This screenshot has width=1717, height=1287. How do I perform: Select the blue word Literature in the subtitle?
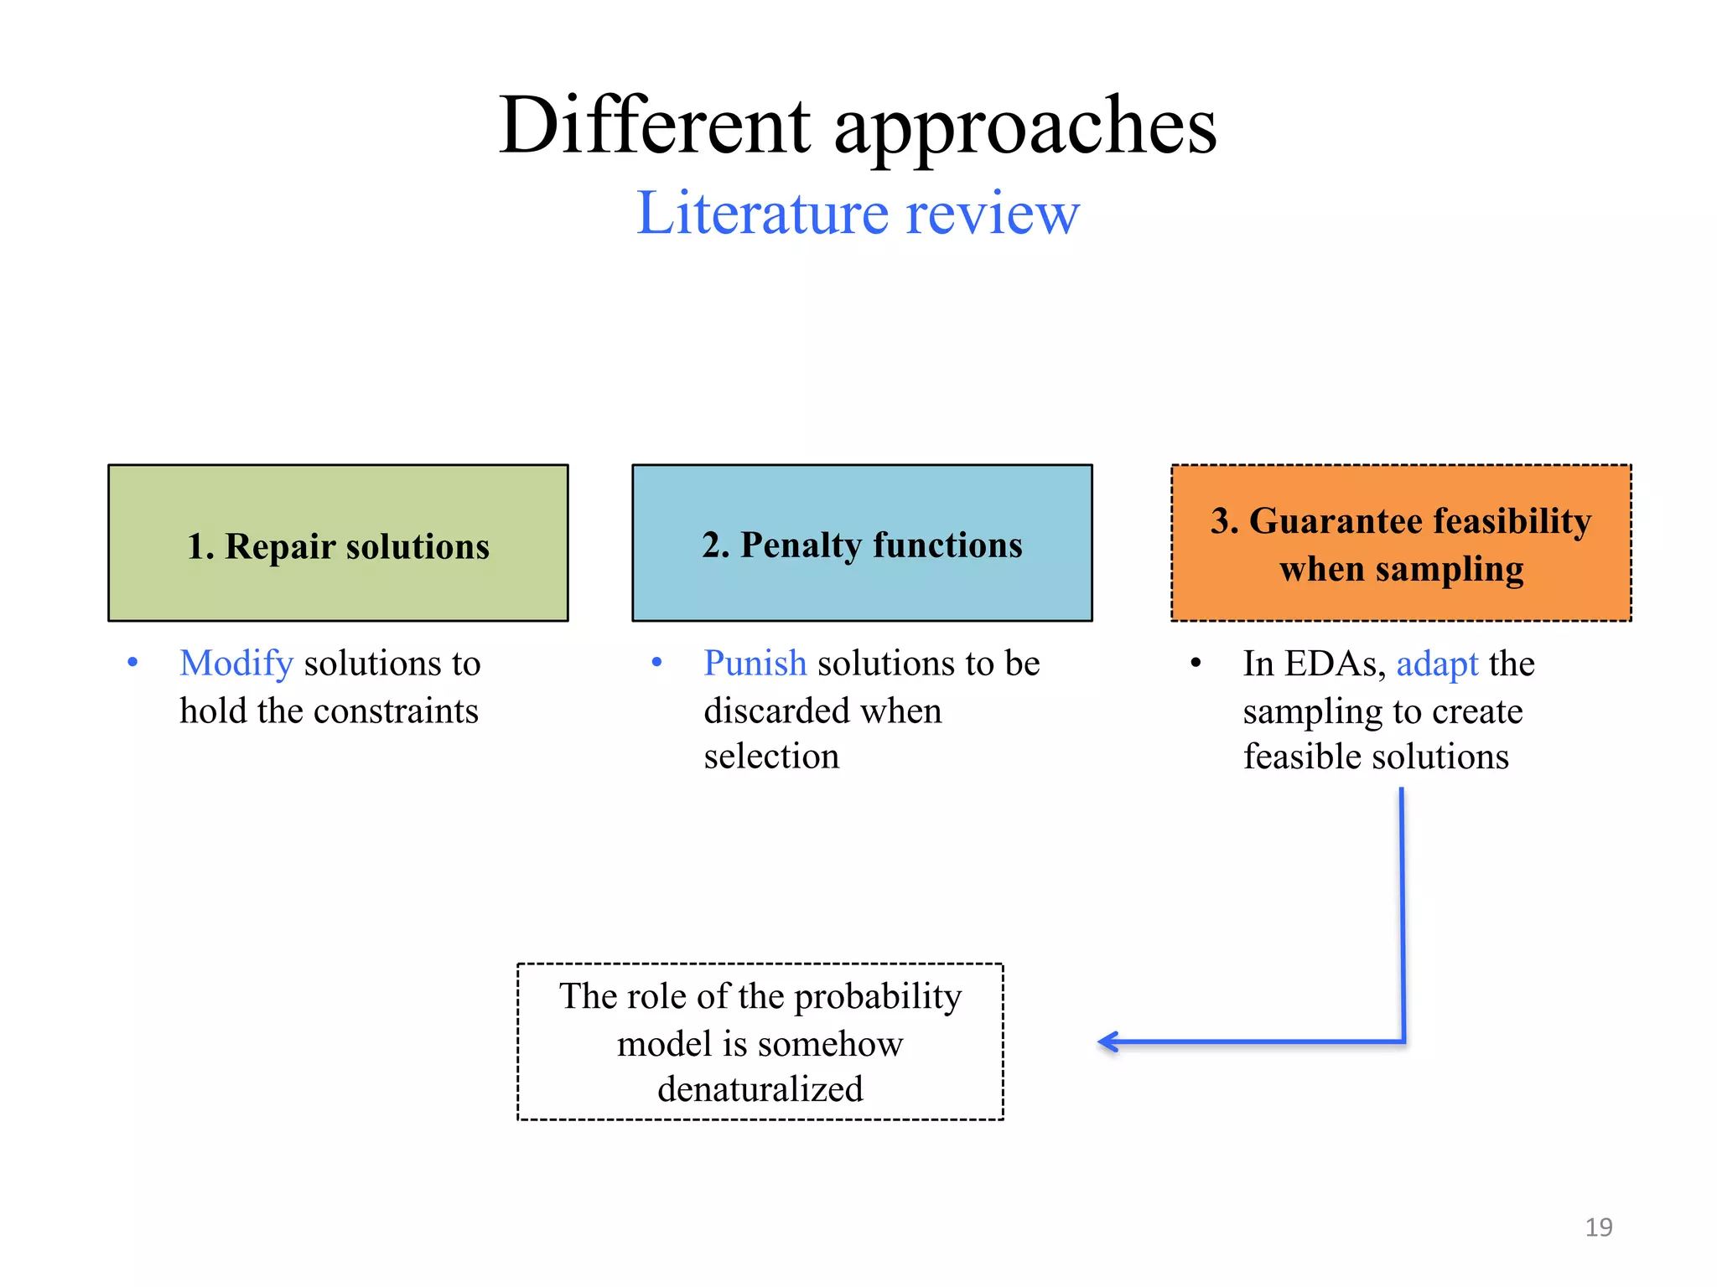tap(761, 213)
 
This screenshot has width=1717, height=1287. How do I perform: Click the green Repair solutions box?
tap(338, 543)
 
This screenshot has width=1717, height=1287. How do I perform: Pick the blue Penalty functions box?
tap(862, 543)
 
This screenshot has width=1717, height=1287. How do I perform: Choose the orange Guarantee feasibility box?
tap(1401, 543)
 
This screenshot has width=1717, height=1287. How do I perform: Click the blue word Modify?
tap(236, 664)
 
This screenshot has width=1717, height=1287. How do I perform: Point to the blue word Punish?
tap(755, 664)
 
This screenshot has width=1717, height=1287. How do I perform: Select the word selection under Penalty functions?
tap(771, 757)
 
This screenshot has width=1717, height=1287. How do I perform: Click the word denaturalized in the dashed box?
tap(760, 1089)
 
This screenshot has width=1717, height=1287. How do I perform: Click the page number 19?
tap(1598, 1228)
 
